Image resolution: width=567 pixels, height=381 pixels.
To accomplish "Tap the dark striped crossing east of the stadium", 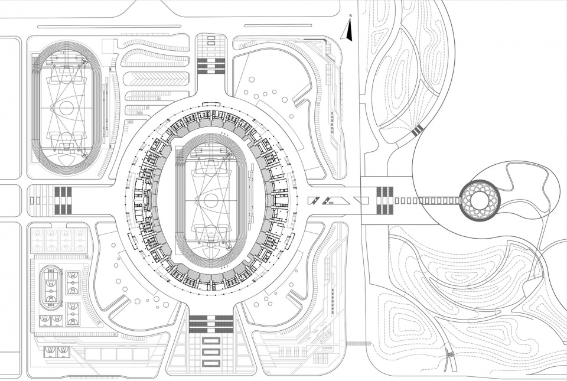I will click(x=384, y=200).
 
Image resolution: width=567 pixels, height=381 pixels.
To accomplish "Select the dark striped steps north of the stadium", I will click(x=211, y=64).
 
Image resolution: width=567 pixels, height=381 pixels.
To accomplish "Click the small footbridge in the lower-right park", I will click(x=451, y=358).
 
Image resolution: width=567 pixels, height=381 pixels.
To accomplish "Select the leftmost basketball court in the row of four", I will click(x=37, y=239).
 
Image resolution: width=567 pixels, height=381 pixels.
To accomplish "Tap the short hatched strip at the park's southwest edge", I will click(x=356, y=343).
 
